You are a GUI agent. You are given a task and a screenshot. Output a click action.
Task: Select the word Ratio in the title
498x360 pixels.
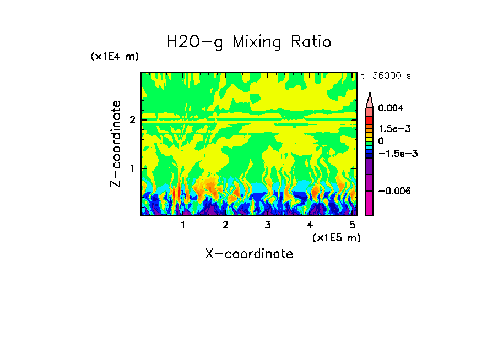pos(310,42)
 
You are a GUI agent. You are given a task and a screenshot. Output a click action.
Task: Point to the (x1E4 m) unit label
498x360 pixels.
pos(115,57)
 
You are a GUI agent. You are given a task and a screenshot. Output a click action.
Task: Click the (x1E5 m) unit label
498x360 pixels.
pos(336,237)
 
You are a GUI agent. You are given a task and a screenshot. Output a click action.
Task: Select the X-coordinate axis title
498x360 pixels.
pos(249,254)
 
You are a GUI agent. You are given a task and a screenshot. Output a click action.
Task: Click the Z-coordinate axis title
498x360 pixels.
pos(116,144)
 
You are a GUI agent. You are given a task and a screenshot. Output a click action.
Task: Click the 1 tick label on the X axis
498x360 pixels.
pos(183,225)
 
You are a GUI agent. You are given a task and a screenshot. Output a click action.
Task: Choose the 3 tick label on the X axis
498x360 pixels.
pos(267,225)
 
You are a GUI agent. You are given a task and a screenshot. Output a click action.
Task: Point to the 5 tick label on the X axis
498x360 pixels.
pos(351,225)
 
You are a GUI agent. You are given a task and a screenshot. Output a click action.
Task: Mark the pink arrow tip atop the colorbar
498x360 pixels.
pos(370,99)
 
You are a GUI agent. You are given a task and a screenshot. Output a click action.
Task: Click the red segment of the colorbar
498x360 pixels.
pos(370,119)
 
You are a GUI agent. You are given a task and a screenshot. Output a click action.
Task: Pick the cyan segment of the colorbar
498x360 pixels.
pos(370,149)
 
